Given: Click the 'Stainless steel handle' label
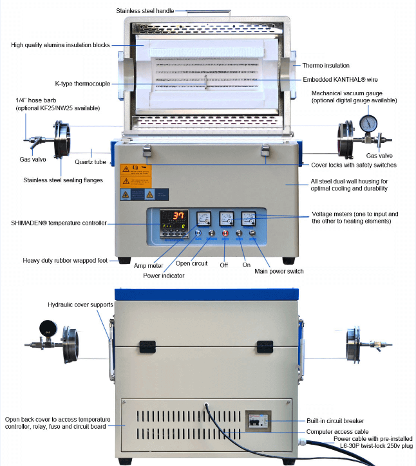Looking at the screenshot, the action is click(145, 11).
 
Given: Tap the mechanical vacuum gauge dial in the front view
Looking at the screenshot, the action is click(368, 124).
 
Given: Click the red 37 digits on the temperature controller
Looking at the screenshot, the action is click(179, 216).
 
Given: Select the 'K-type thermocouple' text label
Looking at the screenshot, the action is click(82, 84).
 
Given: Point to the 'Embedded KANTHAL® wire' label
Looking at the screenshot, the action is click(340, 80).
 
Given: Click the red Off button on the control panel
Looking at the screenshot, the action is click(225, 233).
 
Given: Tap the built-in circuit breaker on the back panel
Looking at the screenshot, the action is click(258, 421).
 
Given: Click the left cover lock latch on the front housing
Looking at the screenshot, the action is click(147, 151).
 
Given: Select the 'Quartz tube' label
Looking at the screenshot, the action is click(90, 162).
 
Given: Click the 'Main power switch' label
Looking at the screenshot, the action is click(279, 271).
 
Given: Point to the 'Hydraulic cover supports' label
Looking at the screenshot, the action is click(80, 304).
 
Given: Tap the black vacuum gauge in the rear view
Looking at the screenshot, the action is click(48, 328).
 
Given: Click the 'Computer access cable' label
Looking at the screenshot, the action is click(337, 431).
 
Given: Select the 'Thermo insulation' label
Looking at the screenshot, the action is click(326, 66).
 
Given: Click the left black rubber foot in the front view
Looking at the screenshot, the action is click(124, 260).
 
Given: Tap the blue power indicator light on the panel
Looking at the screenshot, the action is click(198, 233).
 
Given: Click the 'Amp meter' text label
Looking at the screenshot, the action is click(148, 265).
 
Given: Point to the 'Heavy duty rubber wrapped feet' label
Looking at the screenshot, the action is click(65, 261).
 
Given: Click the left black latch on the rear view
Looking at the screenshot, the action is click(147, 346).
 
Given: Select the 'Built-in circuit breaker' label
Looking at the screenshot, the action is click(335, 421).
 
